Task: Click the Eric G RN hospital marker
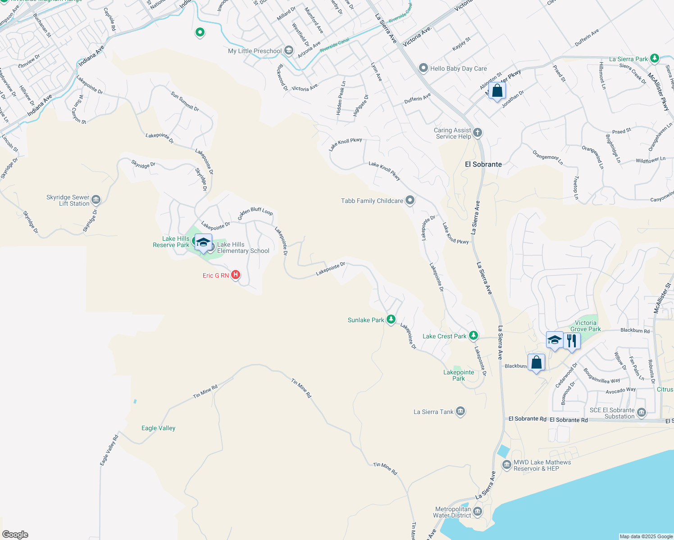[235, 274]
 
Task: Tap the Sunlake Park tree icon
[391, 319]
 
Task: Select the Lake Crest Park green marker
[473, 336]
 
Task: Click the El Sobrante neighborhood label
[483, 164]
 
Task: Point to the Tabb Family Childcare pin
[410, 200]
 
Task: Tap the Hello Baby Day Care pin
[423, 68]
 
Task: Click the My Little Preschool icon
[289, 51]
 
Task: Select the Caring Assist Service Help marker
[478, 133]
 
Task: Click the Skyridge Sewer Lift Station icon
[96, 200]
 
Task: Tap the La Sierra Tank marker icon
[460, 411]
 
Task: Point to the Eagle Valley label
[158, 428]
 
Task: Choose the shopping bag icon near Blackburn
[536, 362]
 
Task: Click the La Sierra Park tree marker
[655, 58]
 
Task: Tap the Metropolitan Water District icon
[477, 512]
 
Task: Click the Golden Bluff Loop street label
[255, 211]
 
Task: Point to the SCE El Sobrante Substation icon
[642, 413]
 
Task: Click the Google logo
[15, 534]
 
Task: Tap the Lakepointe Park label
[459, 375]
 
